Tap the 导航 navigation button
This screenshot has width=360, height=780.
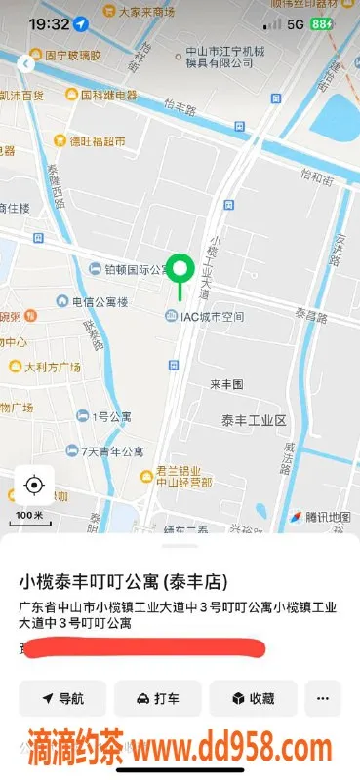tap(61, 698)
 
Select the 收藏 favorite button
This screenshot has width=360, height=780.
tap(252, 698)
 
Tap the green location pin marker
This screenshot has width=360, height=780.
tap(180, 269)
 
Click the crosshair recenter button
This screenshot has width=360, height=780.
tap(34, 485)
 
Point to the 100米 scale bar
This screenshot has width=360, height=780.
tap(29, 514)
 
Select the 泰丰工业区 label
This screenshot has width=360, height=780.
tap(253, 420)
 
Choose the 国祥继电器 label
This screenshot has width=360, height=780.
tap(100, 96)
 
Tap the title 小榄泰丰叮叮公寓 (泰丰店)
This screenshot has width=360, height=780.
tap(124, 582)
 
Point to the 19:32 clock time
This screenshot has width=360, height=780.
tap(48, 23)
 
